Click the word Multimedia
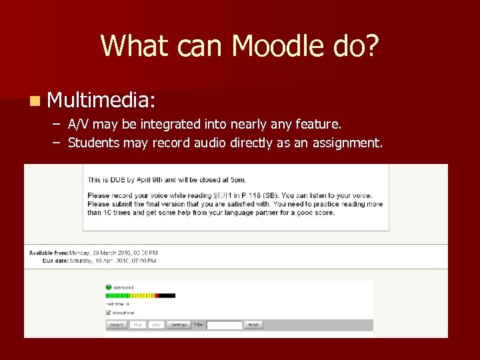[101, 100]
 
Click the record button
[116, 325]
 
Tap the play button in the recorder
[156, 325]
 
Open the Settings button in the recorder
[179, 325]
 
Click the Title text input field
[224, 325]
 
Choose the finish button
[253, 325]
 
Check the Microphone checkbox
[109, 312]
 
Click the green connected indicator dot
[109, 287]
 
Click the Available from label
[49, 253]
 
